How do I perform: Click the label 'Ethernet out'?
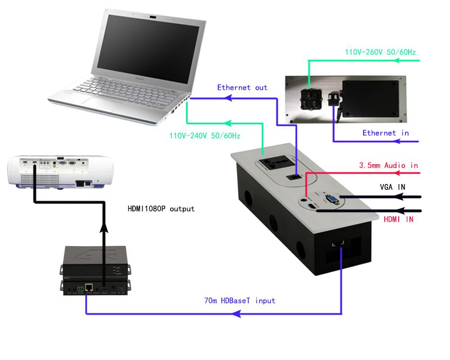pos(242,87)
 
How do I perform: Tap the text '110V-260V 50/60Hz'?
pos(381,52)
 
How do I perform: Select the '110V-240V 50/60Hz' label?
pos(205,135)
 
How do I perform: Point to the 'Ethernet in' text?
pos(386,133)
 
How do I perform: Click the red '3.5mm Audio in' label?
pos(388,166)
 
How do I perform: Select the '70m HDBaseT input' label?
pos(239,300)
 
